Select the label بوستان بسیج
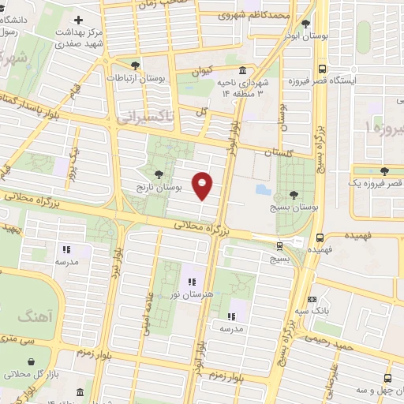click(294, 208)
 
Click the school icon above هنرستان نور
click(190, 281)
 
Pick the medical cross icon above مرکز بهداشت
click(77, 19)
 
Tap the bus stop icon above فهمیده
click(320, 238)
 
